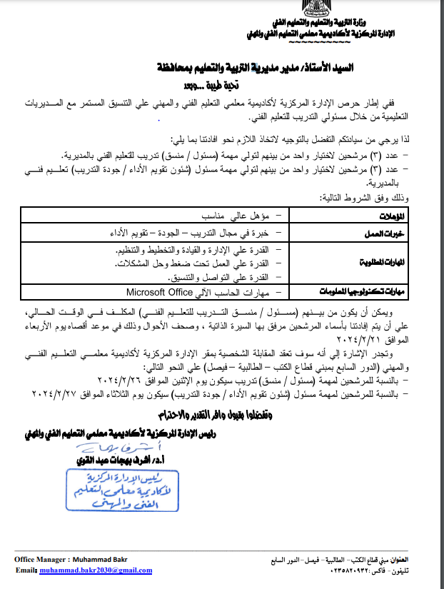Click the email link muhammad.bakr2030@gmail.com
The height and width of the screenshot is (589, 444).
click(x=97, y=571)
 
